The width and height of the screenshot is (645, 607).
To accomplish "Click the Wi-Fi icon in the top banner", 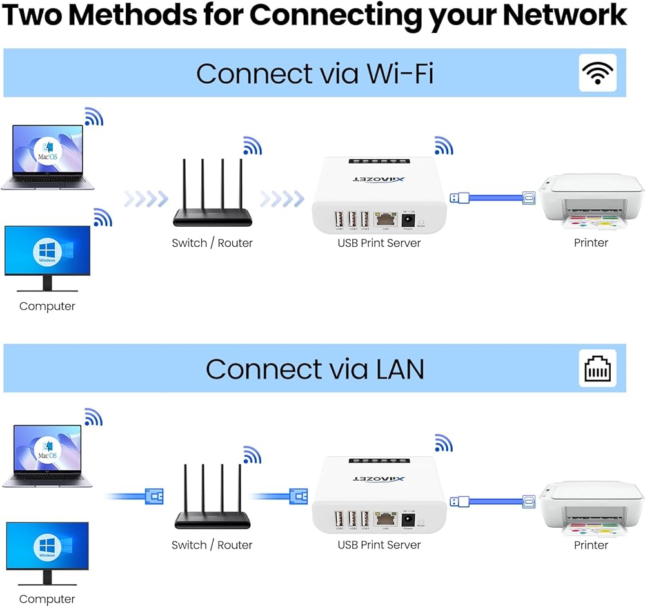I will tap(598, 73).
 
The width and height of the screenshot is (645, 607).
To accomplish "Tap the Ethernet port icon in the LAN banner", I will tap(598, 369).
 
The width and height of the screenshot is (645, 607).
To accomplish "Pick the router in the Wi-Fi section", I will tap(212, 193).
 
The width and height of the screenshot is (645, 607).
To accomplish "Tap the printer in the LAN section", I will tap(591, 506).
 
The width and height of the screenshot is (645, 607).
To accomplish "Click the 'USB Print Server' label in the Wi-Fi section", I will tap(379, 243).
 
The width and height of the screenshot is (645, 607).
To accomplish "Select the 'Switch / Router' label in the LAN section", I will tap(212, 545).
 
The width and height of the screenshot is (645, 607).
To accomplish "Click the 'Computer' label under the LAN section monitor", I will tap(47, 599).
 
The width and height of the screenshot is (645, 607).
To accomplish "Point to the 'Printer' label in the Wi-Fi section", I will tap(591, 243).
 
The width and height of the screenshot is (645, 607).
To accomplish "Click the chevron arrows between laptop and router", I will tap(146, 198).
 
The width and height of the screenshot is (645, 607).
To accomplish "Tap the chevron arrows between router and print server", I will tap(283, 198).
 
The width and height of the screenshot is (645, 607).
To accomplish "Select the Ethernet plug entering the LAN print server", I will tap(298, 496).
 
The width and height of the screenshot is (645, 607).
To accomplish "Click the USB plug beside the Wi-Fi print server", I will tap(456, 197).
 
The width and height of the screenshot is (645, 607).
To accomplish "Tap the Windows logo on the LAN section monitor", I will tap(47, 548).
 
